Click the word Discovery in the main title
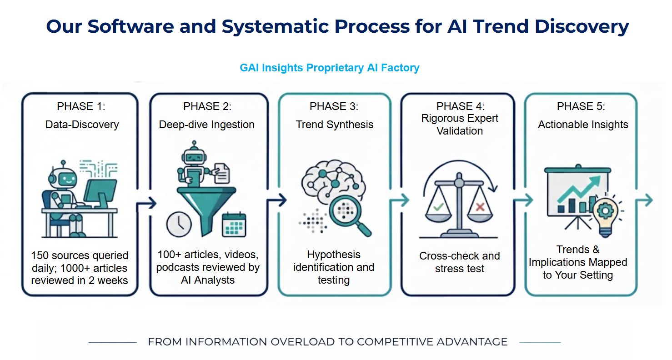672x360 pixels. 582,26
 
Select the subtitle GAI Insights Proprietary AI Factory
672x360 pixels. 329,68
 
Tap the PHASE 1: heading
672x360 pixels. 81,106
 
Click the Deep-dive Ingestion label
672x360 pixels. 207,125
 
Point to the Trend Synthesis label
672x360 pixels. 335,125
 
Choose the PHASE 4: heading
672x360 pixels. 460,106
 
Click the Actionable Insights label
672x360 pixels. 583,125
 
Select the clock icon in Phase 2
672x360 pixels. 179,225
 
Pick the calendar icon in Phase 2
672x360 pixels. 234,225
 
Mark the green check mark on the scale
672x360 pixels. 438,207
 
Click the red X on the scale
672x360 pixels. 480,207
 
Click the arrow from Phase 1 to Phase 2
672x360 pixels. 146,203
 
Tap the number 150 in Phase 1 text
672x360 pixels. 40,255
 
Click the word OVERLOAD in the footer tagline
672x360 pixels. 303,342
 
